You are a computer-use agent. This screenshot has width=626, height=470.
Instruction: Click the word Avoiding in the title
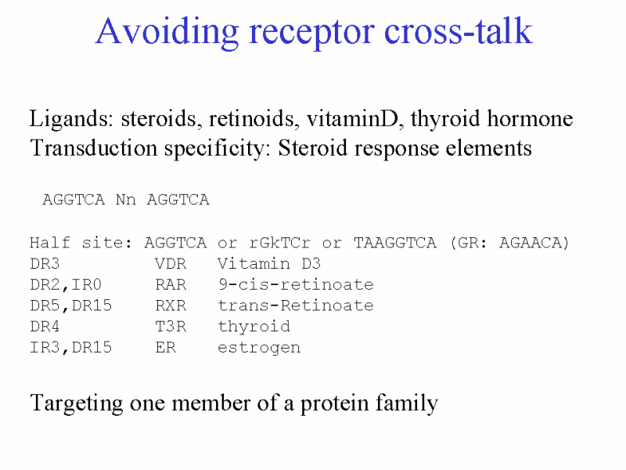click(x=167, y=32)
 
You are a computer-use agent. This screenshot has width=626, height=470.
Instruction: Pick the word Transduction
click(x=94, y=148)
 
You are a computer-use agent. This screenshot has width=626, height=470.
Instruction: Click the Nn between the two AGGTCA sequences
click(x=126, y=200)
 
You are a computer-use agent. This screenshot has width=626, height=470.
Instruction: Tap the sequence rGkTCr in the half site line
click(x=280, y=243)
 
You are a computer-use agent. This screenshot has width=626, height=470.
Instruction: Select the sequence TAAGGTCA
click(x=395, y=243)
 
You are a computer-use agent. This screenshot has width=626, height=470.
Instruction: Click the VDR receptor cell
click(x=171, y=264)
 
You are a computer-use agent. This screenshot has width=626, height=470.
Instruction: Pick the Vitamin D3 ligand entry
click(x=269, y=264)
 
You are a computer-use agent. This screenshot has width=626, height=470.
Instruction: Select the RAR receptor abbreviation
click(x=171, y=284)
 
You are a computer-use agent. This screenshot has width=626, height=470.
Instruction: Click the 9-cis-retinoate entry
click(x=296, y=284)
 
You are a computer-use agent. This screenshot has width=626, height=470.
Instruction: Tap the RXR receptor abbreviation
click(x=171, y=305)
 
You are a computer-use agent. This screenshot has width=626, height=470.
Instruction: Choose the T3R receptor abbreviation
click(x=171, y=327)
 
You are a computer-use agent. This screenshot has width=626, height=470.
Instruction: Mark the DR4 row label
click(x=45, y=327)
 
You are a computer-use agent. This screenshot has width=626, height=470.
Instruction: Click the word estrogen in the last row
click(x=259, y=348)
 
